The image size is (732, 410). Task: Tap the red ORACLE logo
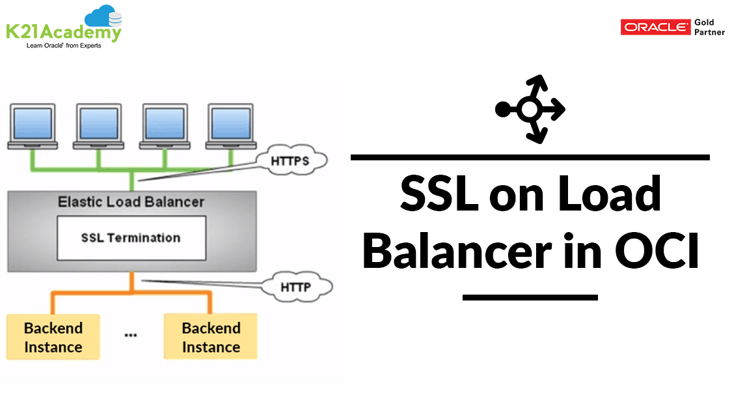point(655,27)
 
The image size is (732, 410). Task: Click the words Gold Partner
point(709,27)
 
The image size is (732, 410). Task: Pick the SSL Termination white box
point(131,238)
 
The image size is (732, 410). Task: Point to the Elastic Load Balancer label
point(131,202)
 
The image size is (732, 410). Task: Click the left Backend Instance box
point(53,337)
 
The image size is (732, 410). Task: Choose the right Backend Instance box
point(211,337)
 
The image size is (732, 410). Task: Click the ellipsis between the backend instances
point(131,334)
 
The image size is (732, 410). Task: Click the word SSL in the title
point(437,194)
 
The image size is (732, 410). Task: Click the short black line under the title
point(530,297)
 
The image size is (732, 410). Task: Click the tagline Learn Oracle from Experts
point(64,46)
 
